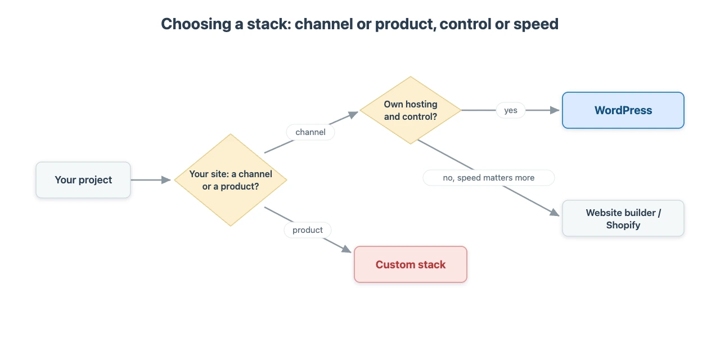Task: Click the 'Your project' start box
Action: click(x=83, y=180)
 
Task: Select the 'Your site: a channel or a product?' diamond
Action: click(x=231, y=180)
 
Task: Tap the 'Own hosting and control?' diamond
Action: click(x=411, y=110)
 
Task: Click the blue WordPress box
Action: click(x=623, y=110)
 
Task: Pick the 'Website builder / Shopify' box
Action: click(x=623, y=219)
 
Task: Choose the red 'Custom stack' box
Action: click(x=411, y=264)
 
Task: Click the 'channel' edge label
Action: click(x=310, y=132)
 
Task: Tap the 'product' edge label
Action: click(x=308, y=230)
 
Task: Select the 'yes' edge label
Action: click(x=511, y=110)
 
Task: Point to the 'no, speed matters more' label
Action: click(x=489, y=178)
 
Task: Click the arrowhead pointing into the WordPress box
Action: click(x=555, y=110)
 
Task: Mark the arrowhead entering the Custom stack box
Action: click(x=346, y=249)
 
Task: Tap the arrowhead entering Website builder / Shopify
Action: click(x=555, y=212)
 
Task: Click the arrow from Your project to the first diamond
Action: click(x=151, y=180)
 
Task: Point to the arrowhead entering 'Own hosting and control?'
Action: click(x=353, y=115)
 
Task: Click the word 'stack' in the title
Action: click(x=269, y=24)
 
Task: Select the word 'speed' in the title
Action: click(x=536, y=24)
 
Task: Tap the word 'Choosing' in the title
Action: click(x=196, y=24)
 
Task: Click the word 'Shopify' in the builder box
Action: click(x=623, y=225)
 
